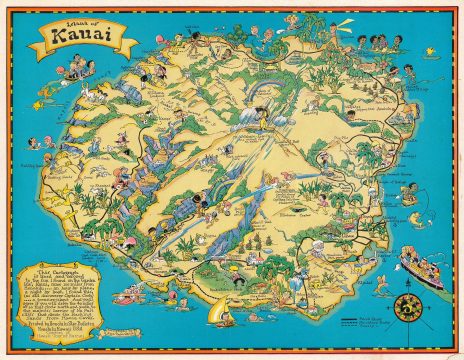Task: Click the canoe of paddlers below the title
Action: pyautogui.click(x=75, y=73)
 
